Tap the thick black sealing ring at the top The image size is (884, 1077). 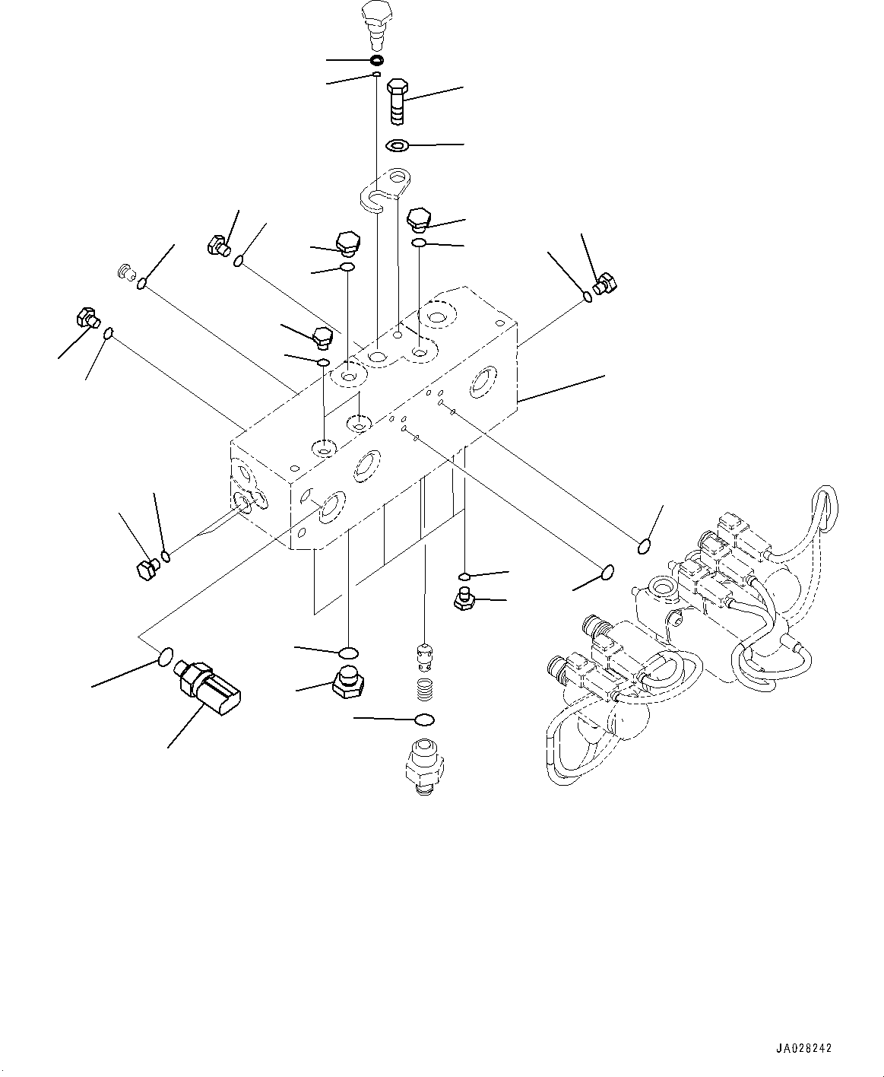tap(376, 60)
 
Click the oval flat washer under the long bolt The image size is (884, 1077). tap(398, 145)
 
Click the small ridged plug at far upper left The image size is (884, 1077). tap(125, 271)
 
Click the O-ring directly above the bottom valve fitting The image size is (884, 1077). tap(425, 720)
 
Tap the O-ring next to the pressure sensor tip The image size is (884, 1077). tap(166, 656)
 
